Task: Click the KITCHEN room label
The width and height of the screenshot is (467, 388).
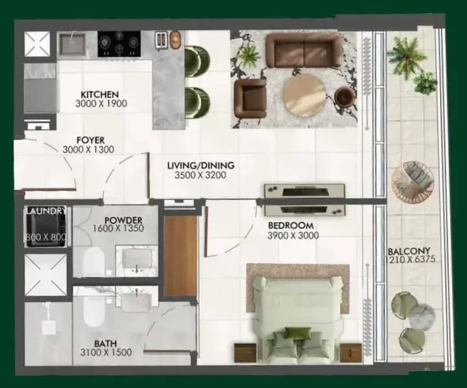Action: pyautogui.click(x=100, y=95)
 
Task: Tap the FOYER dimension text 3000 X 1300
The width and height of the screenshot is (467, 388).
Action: pyautogui.click(x=88, y=150)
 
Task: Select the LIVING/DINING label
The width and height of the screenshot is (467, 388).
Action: pyautogui.click(x=200, y=165)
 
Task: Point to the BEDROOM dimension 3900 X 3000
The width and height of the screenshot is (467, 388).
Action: pyautogui.click(x=293, y=236)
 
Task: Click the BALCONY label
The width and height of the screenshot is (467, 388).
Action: pyautogui.click(x=409, y=251)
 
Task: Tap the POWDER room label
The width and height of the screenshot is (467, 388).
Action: pyautogui.click(x=123, y=220)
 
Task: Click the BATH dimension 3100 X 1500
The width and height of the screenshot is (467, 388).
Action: pyautogui.click(x=106, y=352)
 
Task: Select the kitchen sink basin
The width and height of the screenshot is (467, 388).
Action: pyautogui.click(x=72, y=44)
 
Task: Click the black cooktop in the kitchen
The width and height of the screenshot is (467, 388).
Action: pyautogui.click(x=119, y=44)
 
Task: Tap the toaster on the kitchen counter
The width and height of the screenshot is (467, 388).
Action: pyautogui.click(x=161, y=40)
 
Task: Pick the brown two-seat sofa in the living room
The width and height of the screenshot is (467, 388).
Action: pyautogui.click(x=304, y=50)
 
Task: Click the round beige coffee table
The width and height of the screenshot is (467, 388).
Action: pyautogui.click(x=304, y=95)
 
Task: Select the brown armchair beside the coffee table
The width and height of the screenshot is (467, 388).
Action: pyautogui.click(x=250, y=98)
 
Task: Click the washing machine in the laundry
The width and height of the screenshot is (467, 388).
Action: pyautogui.click(x=46, y=227)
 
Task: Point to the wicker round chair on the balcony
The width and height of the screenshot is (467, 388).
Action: pyautogui.click(x=413, y=183)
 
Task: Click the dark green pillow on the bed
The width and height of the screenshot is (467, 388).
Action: pyautogui.click(x=298, y=333)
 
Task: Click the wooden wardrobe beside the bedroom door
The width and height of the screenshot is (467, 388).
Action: pyautogui.click(x=180, y=256)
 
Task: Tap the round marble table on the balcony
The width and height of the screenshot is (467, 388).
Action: pyautogui.click(x=422, y=317)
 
